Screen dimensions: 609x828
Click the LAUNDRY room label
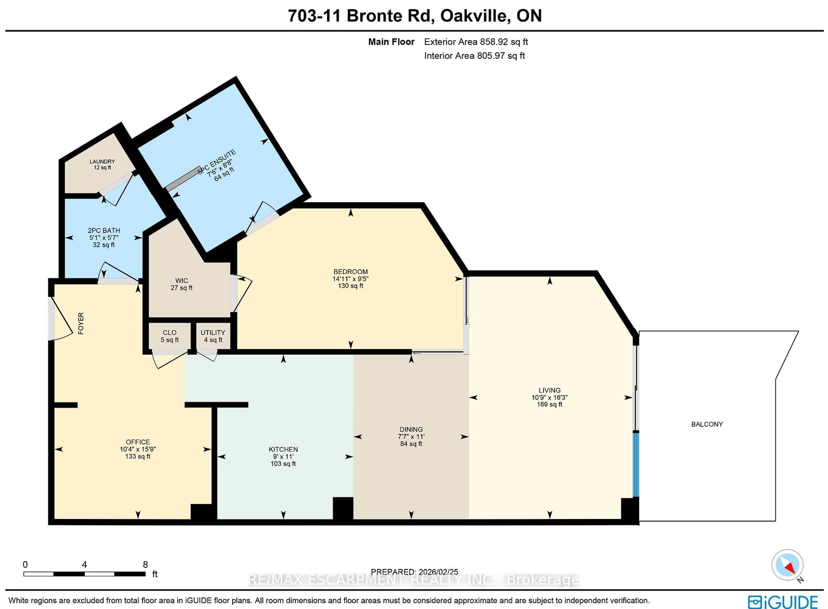[x=102, y=162]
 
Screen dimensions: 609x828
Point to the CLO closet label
[x=169, y=333]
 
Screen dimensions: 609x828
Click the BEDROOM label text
[x=350, y=272]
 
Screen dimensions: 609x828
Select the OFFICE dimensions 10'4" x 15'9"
[x=138, y=449]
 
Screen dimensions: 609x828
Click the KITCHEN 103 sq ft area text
[x=283, y=463]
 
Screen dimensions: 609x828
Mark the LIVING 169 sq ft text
[x=549, y=404]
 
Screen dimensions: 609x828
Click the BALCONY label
[x=707, y=424]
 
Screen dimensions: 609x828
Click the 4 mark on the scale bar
[x=84, y=564]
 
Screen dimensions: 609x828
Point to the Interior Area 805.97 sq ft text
[x=474, y=56]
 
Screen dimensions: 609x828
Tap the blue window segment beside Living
[x=636, y=465]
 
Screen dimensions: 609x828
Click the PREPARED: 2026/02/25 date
[x=414, y=572]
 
